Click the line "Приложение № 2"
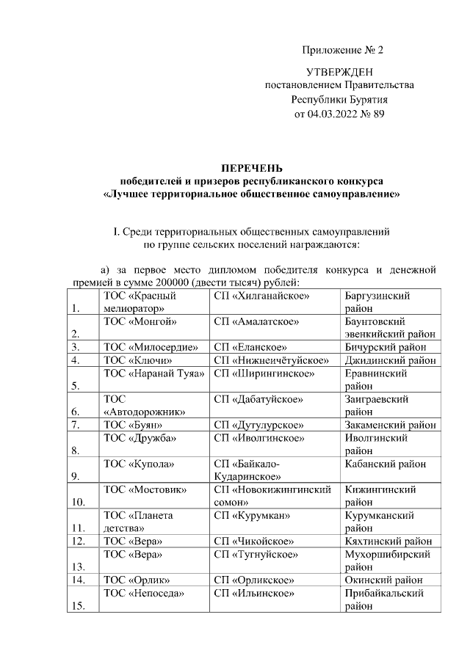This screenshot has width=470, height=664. coord(343,51)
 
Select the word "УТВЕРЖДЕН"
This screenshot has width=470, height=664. coord(339,72)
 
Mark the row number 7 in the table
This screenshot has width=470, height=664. coord(75,425)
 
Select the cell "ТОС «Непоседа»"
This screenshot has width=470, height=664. coord(143,593)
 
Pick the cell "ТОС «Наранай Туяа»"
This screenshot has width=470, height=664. coord(153,373)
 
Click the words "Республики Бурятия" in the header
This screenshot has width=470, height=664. coord(339,100)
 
